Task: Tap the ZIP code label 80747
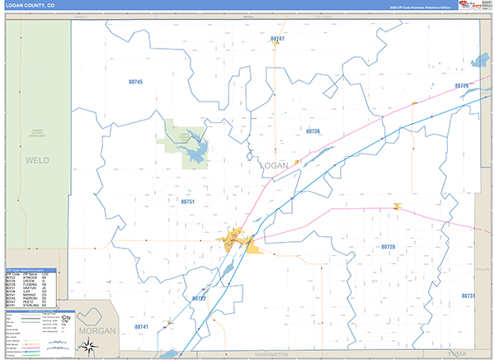click(x=277, y=39)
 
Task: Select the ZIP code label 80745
click(x=136, y=82)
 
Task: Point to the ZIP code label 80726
click(x=461, y=86)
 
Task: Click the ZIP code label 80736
click(x=313, y=131)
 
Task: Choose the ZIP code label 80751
click(x=187, y=201)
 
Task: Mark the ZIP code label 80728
click(x=388, y=247)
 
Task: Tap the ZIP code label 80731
click(x=469, y=296)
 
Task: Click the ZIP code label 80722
click(x=199, y=298)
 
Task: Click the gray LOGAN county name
click(x=274, y=165)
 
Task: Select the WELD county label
click(x=37, y=159)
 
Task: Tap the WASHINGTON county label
click(x=272, y=354)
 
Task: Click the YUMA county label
click(x=448, y=354)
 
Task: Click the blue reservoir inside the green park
click(x=196, y=151)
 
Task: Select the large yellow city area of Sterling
click(x=234, y=240)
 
